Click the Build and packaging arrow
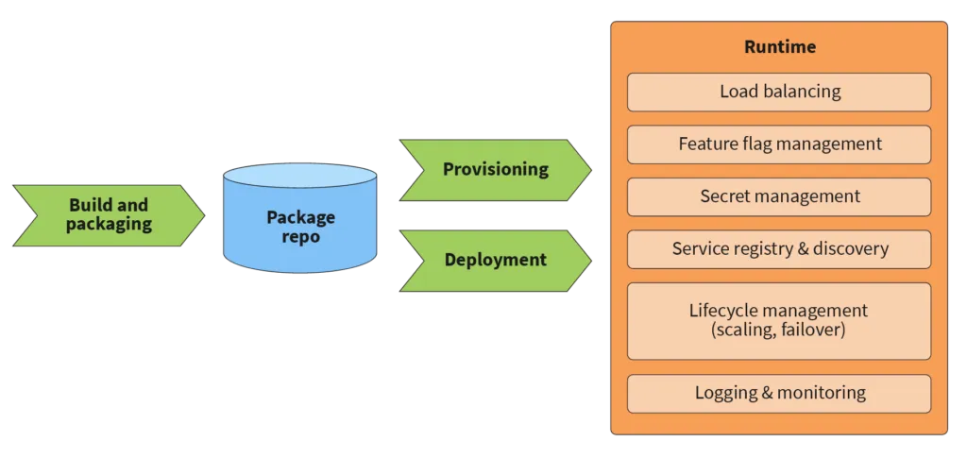(109, 215)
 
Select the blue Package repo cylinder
(299, 223)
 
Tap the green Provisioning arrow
(495, 170)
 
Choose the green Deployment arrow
(495, 260)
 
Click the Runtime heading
(779, 47)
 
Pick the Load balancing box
(779, 93)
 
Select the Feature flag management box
(779, 144)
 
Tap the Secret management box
(779, 196)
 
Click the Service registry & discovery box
(779, 249)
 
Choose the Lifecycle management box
(779, 320)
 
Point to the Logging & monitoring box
(779, 393)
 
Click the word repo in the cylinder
(300, 237)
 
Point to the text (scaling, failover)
(778, 331)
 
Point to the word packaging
(109, 225)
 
